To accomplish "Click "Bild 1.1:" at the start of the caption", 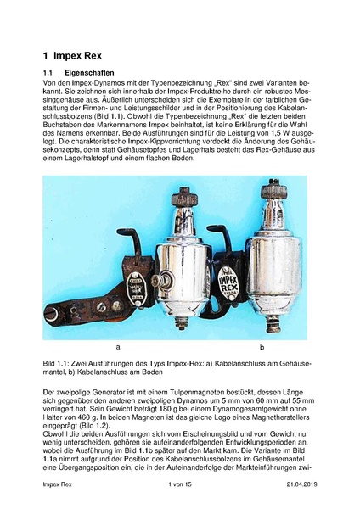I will coord(58,363).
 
